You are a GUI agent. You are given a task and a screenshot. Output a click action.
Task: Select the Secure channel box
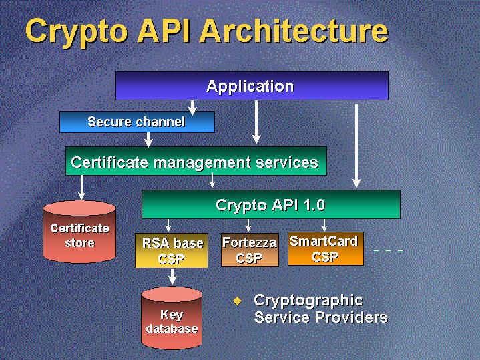point(137,122)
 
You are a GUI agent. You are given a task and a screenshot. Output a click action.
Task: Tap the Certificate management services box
point(196,162)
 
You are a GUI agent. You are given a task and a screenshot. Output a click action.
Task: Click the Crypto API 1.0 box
point(270,204)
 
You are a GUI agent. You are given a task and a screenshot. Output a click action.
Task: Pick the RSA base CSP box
point(172,250)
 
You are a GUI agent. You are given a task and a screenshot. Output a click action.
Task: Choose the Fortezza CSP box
point(249,250)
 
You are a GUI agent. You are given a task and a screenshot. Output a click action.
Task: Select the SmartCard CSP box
point(325,248)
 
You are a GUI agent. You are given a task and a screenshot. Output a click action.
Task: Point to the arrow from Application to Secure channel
point(192,106)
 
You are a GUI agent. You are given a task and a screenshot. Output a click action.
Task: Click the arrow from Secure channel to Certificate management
point(148,139)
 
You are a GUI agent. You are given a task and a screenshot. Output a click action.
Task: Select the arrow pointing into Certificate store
point(81,187)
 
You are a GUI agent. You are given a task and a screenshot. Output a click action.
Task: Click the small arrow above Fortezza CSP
point(248,224)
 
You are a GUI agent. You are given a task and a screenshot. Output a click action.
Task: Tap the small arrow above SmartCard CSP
point(324,224)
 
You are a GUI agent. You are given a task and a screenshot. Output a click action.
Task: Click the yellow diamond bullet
point(237,301)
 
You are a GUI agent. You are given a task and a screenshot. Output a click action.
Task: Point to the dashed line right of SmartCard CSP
point(388,251)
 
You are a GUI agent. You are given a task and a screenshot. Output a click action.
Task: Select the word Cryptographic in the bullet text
point(308,300)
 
